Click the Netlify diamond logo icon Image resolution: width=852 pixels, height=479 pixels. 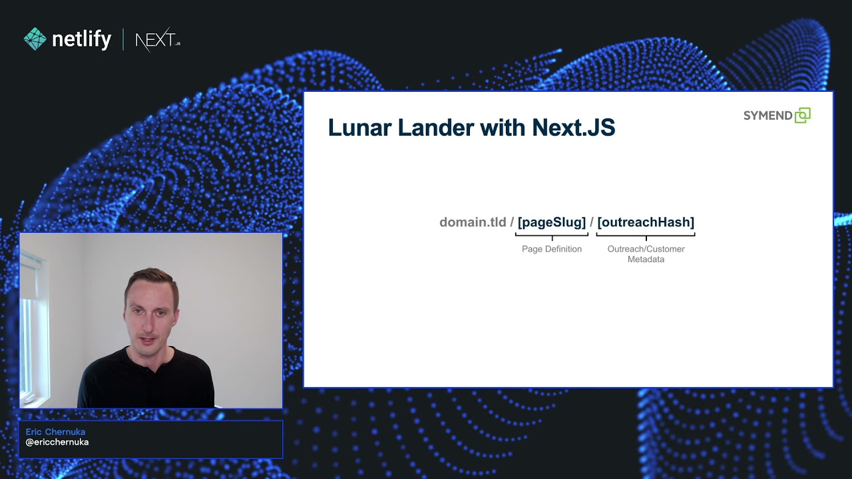point(35,39)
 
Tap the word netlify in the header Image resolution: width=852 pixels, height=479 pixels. point(81,39)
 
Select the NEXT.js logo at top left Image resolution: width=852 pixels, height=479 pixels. point(158,41)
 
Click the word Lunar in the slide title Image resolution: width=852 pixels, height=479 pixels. point(359,128)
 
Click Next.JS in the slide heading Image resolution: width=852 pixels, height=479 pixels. point(574,128)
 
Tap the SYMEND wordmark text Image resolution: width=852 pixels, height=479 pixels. point(767,116)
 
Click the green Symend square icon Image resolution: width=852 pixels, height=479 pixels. point(803,116)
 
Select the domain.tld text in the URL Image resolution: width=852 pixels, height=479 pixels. point(473,222)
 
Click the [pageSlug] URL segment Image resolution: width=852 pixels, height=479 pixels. point(552,222)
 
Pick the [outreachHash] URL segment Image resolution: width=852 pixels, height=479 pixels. point(646,222)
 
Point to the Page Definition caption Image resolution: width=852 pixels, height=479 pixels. point(552,249)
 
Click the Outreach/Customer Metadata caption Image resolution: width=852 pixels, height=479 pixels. point(646,254)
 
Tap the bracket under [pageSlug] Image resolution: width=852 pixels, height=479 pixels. point(552,235)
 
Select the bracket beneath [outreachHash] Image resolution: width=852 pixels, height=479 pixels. point(646,235)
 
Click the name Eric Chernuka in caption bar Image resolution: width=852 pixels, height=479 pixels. point(55,432)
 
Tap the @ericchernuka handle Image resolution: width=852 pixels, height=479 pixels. point(57,442)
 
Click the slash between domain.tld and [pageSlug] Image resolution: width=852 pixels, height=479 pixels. point(512,222)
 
